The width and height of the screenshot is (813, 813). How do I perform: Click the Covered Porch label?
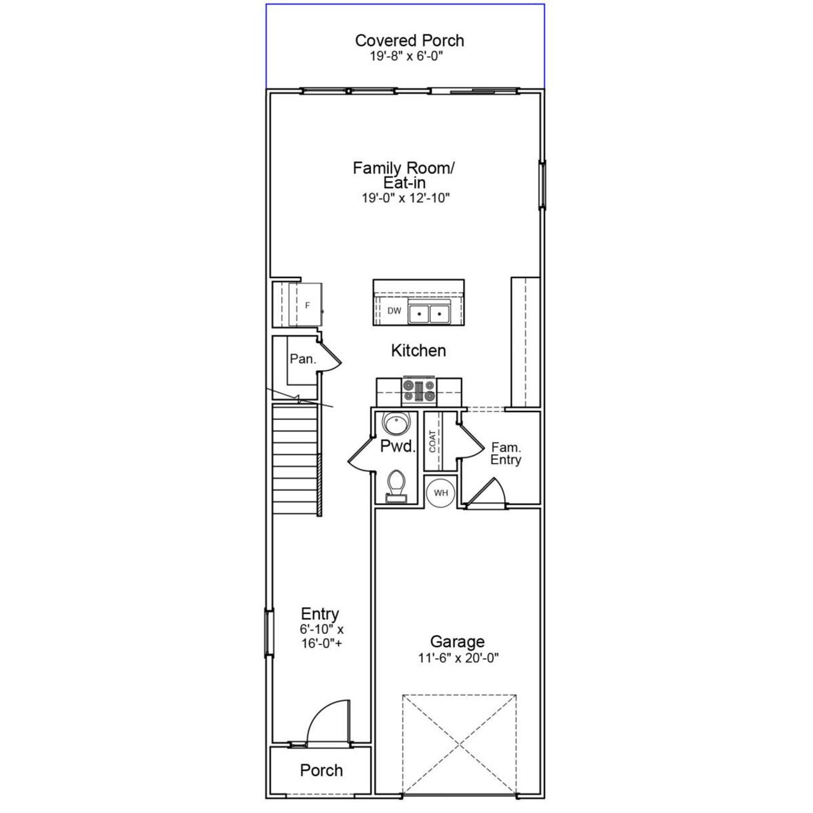409,41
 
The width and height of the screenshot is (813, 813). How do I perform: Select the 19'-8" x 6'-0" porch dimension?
406,57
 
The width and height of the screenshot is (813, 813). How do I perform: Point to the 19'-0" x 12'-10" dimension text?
405,198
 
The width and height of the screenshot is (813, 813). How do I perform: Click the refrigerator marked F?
307,305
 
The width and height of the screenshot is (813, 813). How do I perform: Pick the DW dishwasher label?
394,311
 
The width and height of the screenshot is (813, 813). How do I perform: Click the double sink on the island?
429,313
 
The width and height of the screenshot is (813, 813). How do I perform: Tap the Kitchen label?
418,351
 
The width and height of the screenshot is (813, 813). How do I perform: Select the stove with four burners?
419,391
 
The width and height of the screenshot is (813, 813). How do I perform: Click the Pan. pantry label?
302,359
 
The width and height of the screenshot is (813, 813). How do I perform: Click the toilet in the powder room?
396,485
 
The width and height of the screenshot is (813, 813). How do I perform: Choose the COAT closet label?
433,441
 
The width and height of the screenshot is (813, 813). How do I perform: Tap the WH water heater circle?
441,493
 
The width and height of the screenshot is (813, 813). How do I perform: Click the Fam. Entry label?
506,454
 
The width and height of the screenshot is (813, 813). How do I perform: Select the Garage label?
457,642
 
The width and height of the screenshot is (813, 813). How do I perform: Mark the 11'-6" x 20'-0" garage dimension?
458,658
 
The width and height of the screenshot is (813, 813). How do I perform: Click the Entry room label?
319,614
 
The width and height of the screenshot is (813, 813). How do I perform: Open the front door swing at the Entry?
328,723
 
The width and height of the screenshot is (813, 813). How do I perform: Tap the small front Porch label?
321,770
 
